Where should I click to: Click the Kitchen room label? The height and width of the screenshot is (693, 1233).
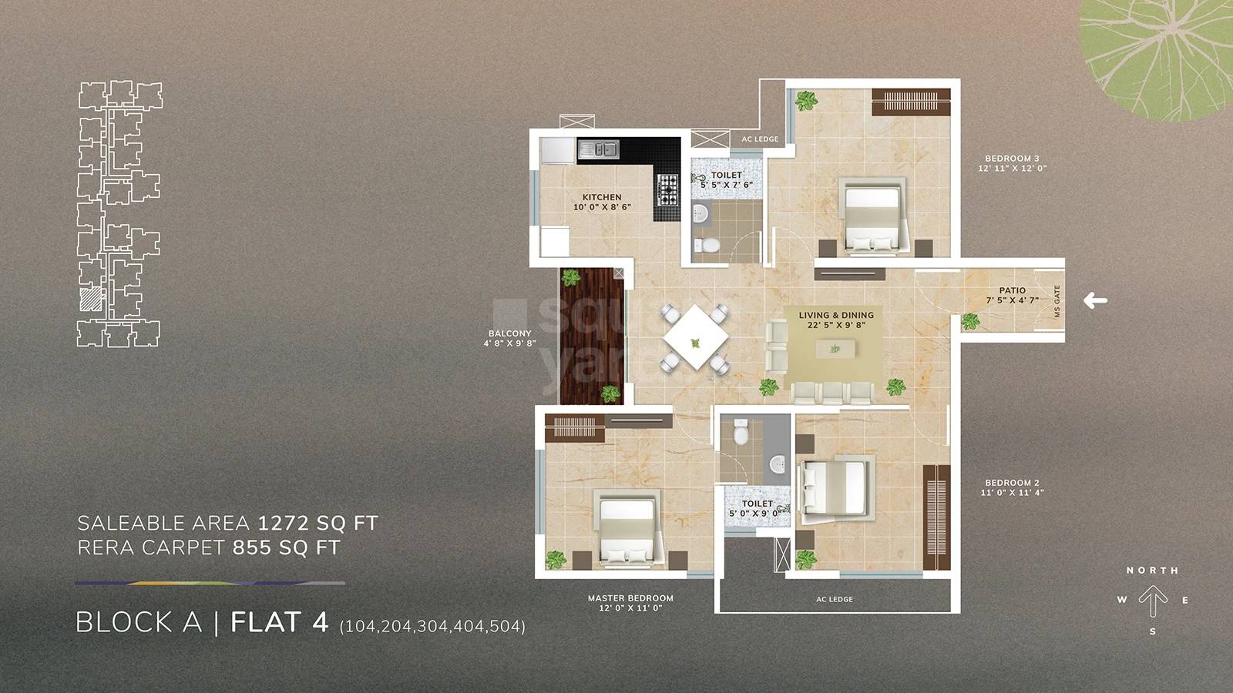[602, 197]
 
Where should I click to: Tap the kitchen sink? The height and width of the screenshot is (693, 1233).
[598, 149]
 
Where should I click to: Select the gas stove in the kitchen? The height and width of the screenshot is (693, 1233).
[667, 189]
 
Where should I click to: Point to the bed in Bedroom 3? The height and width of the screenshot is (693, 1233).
[872, 216]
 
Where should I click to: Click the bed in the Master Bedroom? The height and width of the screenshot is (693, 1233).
[626, 529]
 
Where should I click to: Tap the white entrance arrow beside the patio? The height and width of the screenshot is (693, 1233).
[1095, 300]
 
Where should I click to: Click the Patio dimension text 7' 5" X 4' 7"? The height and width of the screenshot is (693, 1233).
[1012, 300]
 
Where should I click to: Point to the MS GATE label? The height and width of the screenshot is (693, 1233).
[1057, 301]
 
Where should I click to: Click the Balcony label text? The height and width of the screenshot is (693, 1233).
[509, 333]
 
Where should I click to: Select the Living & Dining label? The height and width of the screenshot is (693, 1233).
[836, 315]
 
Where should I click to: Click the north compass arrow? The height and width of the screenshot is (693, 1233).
[1153, 601]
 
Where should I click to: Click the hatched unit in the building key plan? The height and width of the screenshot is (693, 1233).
[91, 299]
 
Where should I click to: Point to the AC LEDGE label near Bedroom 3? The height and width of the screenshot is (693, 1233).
[760, 139]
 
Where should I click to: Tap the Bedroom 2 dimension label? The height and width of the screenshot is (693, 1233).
[1012, 492]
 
